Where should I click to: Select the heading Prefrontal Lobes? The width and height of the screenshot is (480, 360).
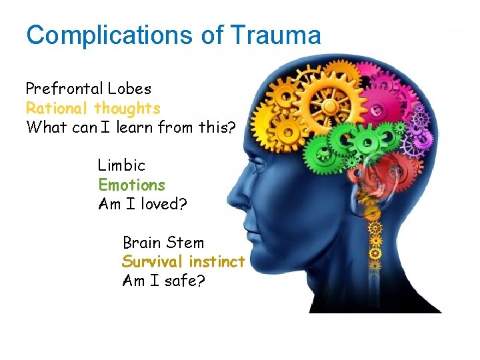click(89, 89)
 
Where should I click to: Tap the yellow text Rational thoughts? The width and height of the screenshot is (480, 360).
click(93, 108)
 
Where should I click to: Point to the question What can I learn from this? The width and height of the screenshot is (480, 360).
click(131, 127)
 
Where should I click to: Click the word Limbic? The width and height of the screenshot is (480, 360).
click(121, 165)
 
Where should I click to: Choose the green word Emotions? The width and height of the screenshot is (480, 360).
click(131, 185)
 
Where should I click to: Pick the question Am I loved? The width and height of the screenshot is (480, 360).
click(143, 204)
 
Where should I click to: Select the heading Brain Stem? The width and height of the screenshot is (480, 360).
click(163, 243)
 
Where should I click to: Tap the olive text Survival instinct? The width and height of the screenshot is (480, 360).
click(183, 262)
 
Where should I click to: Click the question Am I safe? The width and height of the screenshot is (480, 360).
click(164, 281)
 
